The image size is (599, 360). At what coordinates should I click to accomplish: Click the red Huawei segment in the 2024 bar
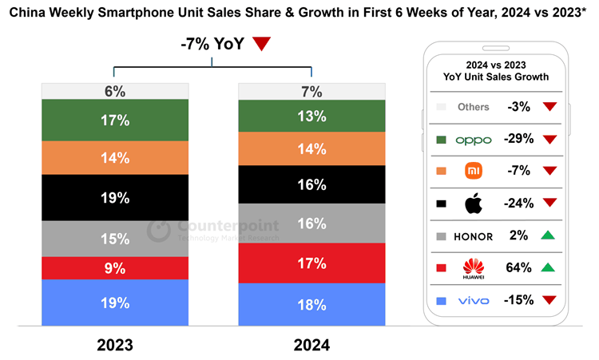311,263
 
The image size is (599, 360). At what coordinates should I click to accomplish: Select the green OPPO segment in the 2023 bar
115,120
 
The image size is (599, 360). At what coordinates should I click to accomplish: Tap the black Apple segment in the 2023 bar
115,197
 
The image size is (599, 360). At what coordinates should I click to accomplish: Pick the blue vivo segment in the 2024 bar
311,304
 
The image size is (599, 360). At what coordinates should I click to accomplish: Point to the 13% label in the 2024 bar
311,117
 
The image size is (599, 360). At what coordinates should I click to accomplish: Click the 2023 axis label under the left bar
115,346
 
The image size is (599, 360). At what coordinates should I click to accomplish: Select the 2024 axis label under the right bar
311,346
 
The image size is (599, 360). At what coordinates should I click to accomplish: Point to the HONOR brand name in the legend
473,236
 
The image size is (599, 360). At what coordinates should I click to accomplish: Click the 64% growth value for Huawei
518,267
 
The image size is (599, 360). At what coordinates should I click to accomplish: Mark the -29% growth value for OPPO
518,139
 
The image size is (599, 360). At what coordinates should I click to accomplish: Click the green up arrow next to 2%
549,235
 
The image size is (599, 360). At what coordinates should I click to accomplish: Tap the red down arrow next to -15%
549,300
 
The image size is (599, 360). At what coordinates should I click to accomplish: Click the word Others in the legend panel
473,107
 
